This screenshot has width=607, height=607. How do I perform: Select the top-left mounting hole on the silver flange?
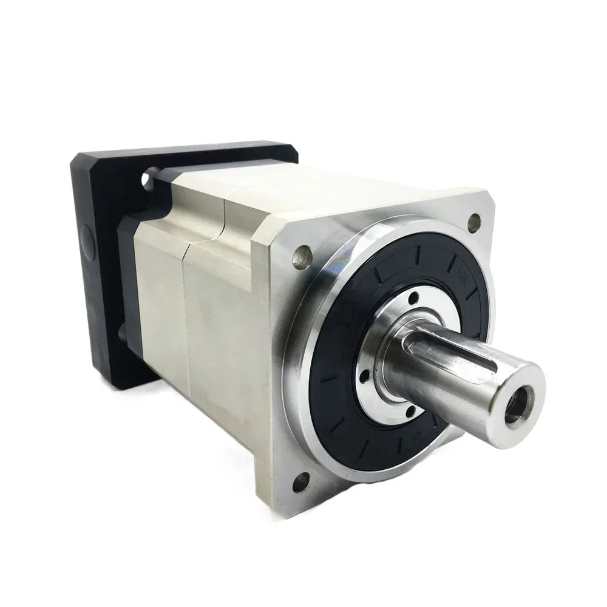point(299,257)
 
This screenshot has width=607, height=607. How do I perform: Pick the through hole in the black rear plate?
point(148,180)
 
